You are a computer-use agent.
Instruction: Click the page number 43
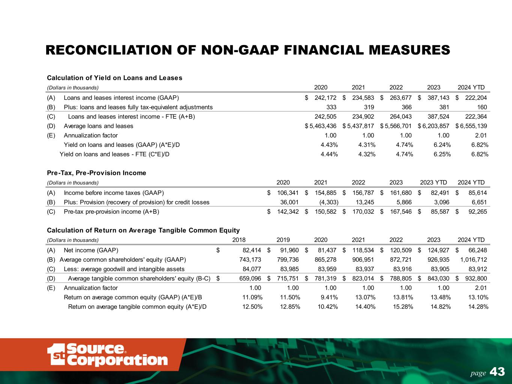[x=498, y=372]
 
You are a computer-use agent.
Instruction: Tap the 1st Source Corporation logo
[x=107, y=354]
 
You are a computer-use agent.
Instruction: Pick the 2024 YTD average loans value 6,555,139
[x=473, y=126]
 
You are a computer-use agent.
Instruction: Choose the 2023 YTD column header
[x=433, y=183]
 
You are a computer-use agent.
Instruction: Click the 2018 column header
[x=239, y=240]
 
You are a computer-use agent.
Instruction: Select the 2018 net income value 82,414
[x=250, y=250]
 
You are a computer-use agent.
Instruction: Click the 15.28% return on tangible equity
[x=404, y=307]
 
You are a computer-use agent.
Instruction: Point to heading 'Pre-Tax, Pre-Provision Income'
[x=96, y=173]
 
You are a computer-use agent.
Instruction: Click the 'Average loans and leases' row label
[x=98, y=126]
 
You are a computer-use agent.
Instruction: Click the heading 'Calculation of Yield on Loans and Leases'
[x=114, y=78]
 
